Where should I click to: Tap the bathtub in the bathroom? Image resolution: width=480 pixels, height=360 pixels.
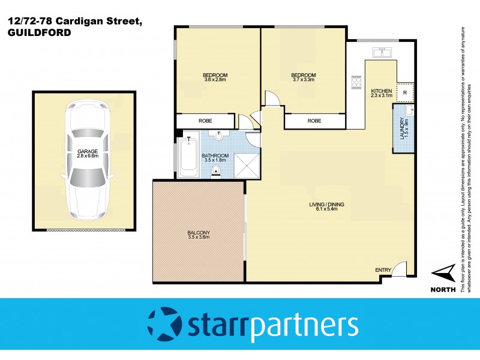click(189, 157)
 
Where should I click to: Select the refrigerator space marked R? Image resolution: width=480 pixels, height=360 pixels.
click(406, 92)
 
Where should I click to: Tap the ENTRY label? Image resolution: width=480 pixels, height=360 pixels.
click(383, 270)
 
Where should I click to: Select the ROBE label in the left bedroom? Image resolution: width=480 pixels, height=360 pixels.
click(205, 121)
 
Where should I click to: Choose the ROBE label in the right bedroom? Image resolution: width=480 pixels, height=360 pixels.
click(314, 121)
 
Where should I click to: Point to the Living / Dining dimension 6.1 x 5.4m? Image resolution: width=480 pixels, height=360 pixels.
click(328, 209)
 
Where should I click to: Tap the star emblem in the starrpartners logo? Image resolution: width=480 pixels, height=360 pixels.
click(163, 325)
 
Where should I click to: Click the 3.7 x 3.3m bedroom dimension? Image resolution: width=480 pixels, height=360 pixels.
click(304, 80)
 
